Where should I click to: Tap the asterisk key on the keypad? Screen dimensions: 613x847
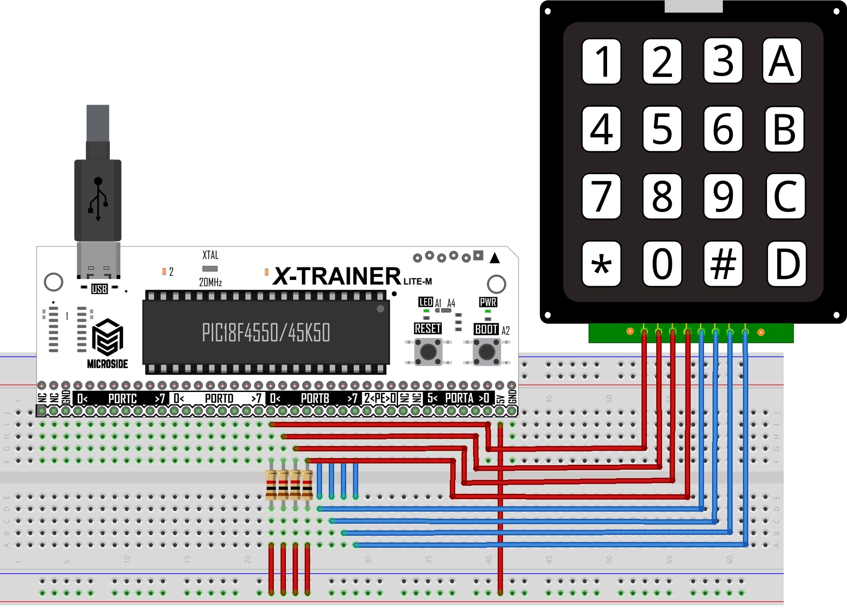pos(601,264)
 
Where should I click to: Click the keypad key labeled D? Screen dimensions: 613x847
pos(787,264)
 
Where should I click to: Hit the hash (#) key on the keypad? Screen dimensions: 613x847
pos(723,264)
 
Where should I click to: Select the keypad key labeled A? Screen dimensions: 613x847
pos(782,61)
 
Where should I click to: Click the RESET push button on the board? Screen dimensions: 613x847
pos(428,351)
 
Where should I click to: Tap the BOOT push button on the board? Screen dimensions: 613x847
pos(486,351)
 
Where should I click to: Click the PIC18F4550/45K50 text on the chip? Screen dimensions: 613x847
pos(266,333)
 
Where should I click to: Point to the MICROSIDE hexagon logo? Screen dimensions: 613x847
pos(107,337)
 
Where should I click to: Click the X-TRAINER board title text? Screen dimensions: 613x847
pos(337,276)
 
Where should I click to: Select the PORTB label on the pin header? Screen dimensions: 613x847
pos(315,398)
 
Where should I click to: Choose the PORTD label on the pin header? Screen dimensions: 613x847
pos(219,398)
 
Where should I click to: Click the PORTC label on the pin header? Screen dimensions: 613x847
pos(122,398)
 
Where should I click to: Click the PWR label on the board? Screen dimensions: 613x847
pos(488,302)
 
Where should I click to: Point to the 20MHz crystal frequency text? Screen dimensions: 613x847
pos(210,282)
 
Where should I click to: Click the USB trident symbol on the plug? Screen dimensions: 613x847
pos(98,199)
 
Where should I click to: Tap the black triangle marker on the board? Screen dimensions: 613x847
pos(495,258)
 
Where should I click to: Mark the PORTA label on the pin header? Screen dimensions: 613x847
pos(459,398)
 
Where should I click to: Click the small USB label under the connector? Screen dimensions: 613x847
pos(99,289)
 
